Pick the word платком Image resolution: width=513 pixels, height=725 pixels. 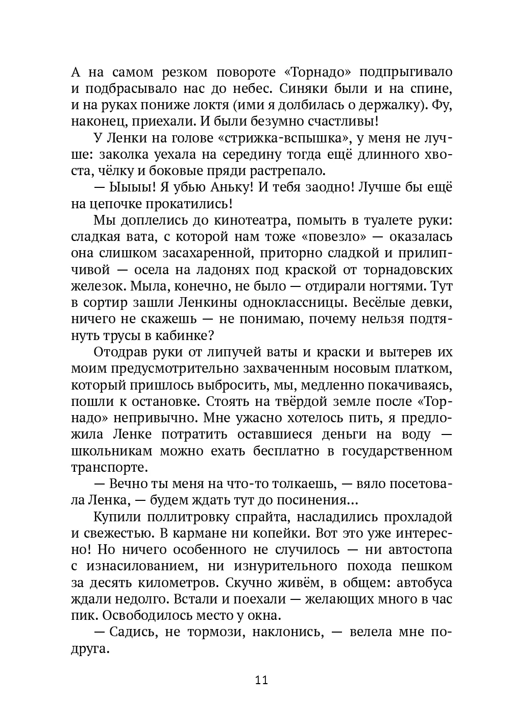[423, 369]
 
